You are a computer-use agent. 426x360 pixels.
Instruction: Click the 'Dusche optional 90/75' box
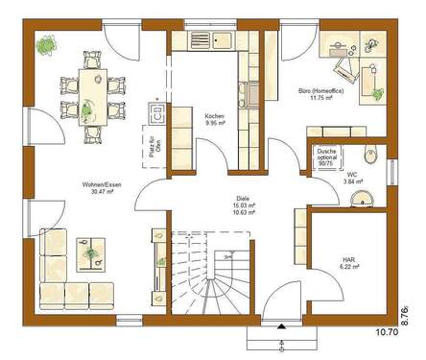pyautogui.click(x=327, y=158)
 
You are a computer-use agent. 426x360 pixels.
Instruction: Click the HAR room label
pyautogui.click(x=348, y=258)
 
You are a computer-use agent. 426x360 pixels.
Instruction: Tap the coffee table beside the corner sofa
pyautogui.click(x=94, y=255)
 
